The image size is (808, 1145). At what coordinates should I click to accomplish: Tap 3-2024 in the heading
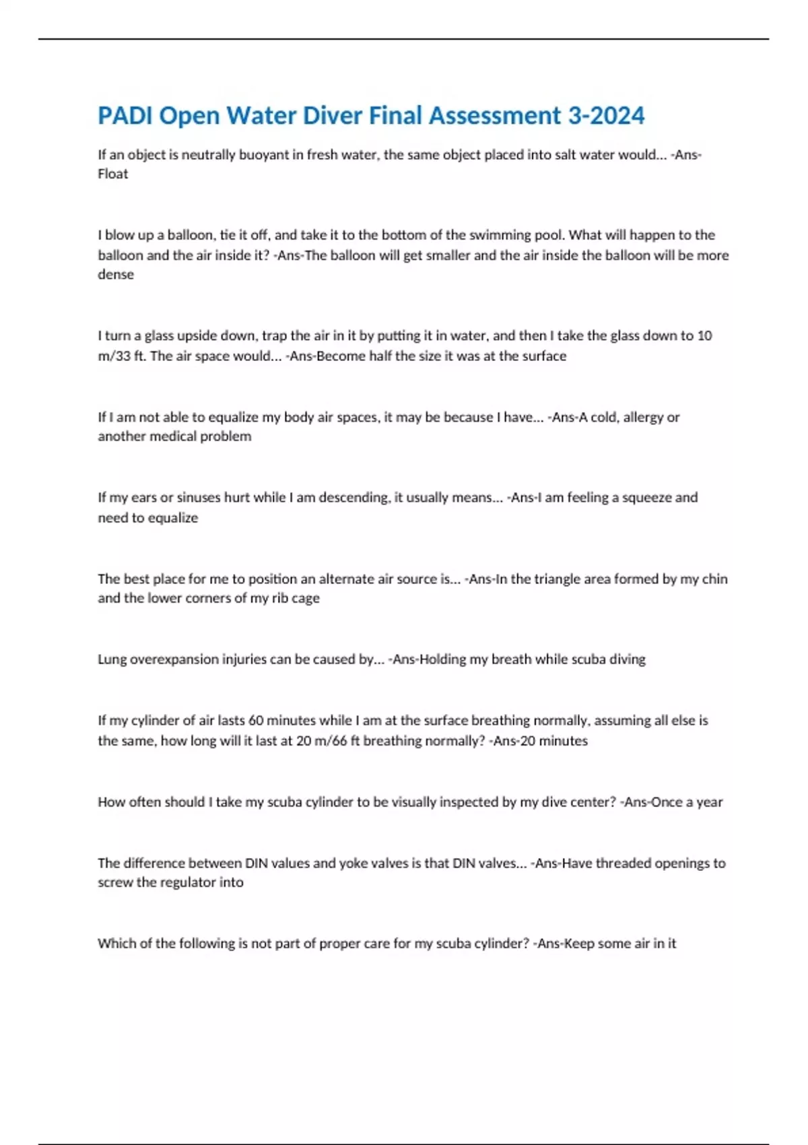coord(606,116)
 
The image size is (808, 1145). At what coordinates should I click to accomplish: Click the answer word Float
coord(112,174)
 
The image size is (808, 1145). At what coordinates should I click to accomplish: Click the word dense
coord(116,275)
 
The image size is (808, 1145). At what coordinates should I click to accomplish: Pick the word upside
coord(199,335)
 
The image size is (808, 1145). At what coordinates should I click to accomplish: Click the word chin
coord(714,579)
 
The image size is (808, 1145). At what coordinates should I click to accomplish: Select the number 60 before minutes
coord(256,721)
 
